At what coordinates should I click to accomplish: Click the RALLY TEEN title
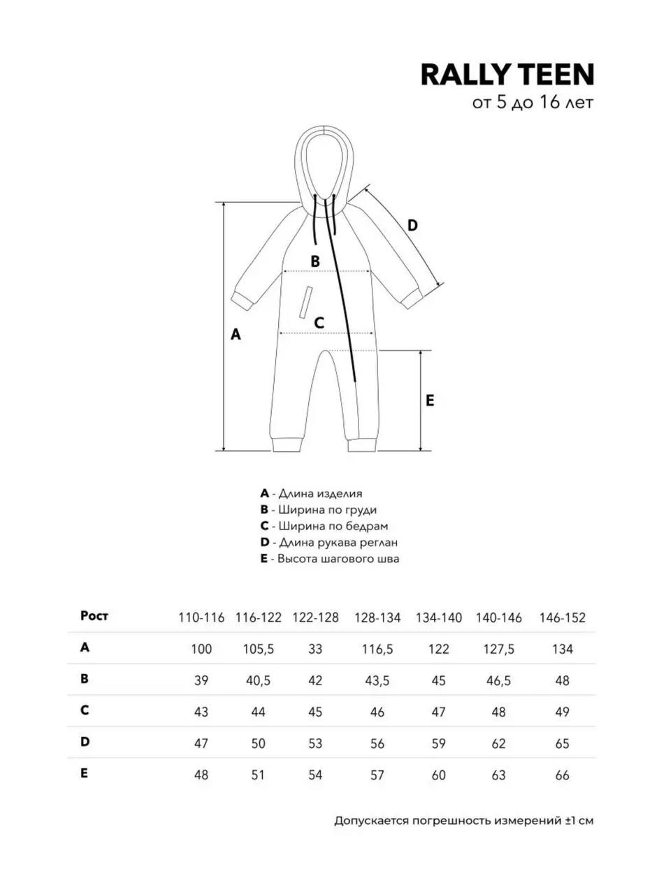(507, 74)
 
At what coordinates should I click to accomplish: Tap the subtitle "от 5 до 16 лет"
(533, 103)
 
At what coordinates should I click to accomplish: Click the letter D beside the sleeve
(412, 226)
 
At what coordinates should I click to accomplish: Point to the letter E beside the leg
(430, 400)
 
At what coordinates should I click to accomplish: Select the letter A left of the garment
(236, 335)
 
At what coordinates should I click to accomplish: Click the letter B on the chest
(315, 261)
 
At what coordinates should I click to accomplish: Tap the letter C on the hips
(319, 323)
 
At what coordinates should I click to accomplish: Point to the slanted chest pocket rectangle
(305, 302)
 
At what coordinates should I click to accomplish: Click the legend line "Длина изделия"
(311, 494)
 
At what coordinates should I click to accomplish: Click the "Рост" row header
(94, 616)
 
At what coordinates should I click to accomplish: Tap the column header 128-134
(377, 618)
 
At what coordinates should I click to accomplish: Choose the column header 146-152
(563, 618)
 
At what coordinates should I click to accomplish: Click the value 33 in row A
(315, 649)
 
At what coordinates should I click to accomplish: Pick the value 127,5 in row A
(498, 649)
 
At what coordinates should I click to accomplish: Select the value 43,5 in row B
(377, 680)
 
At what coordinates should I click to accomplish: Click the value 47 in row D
(201, 743)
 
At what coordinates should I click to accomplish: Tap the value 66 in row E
(563, 775)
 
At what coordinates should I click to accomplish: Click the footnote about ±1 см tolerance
(463, 821)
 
